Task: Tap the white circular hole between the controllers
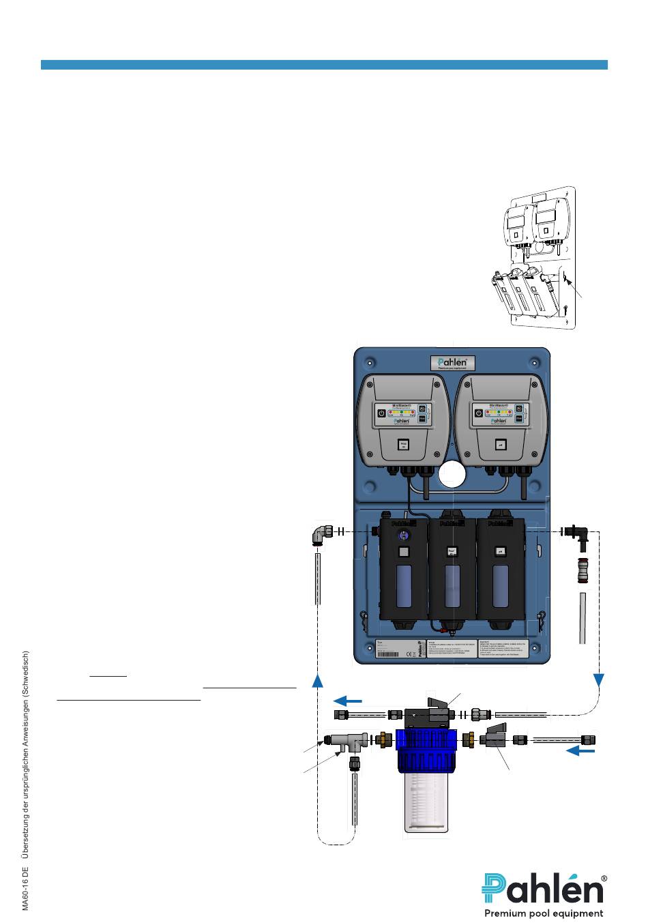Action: pyautogui.click(x=453, y=473)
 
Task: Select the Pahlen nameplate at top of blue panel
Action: pyautogui.click(x=452, y=363)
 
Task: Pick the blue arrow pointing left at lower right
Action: pyautogui.click(x=581, y=751)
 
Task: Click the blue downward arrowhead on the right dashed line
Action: pyautogui.click(x=599, y=680)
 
